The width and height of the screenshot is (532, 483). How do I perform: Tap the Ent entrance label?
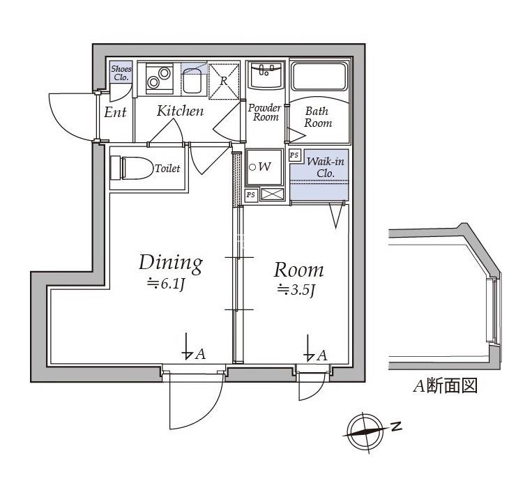(115, 112)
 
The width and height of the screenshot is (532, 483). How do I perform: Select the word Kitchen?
(180, 111)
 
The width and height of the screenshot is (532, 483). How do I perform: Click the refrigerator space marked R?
(225, 80)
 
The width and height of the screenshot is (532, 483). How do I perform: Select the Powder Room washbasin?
(266, 73)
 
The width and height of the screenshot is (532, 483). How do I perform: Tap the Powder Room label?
(265, 113)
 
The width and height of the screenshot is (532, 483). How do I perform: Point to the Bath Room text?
(318, 117)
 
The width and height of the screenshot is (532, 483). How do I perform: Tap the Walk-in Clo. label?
(326, 167)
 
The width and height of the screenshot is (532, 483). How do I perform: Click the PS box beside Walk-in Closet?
(294, 155)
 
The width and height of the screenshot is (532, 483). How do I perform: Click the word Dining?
(171, 263)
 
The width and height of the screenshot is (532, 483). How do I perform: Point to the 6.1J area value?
(165, 284)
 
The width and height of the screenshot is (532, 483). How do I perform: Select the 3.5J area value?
(296, 290)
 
